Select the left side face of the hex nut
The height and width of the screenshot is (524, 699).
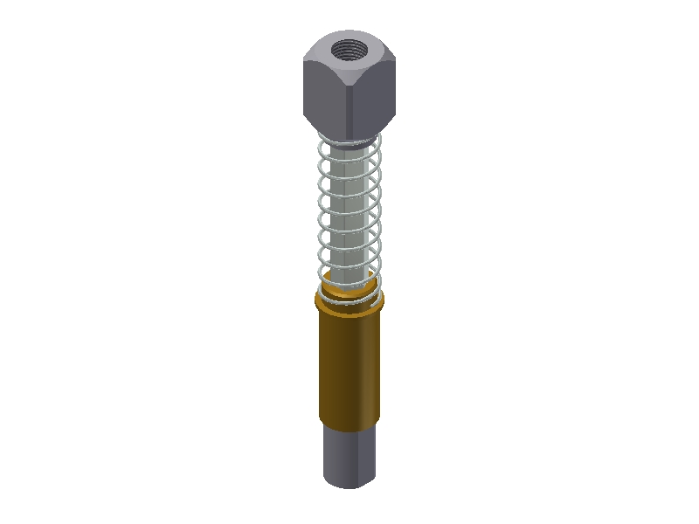324,96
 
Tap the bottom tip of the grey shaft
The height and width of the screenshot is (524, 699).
349,486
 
